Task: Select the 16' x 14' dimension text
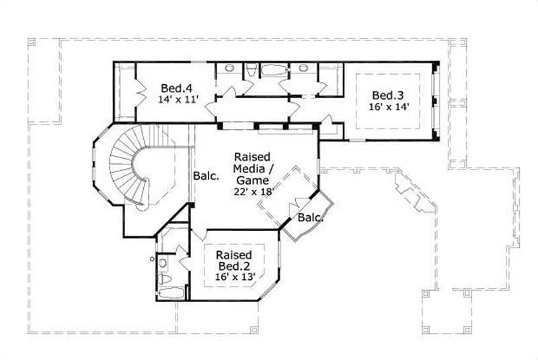(x=389, y=106)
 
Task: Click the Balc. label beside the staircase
(x=206, y=176)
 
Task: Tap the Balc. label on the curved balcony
(x=311, y=217)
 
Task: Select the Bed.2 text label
(x=234, y=266)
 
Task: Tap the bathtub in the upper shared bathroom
(x=273, y=69)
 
